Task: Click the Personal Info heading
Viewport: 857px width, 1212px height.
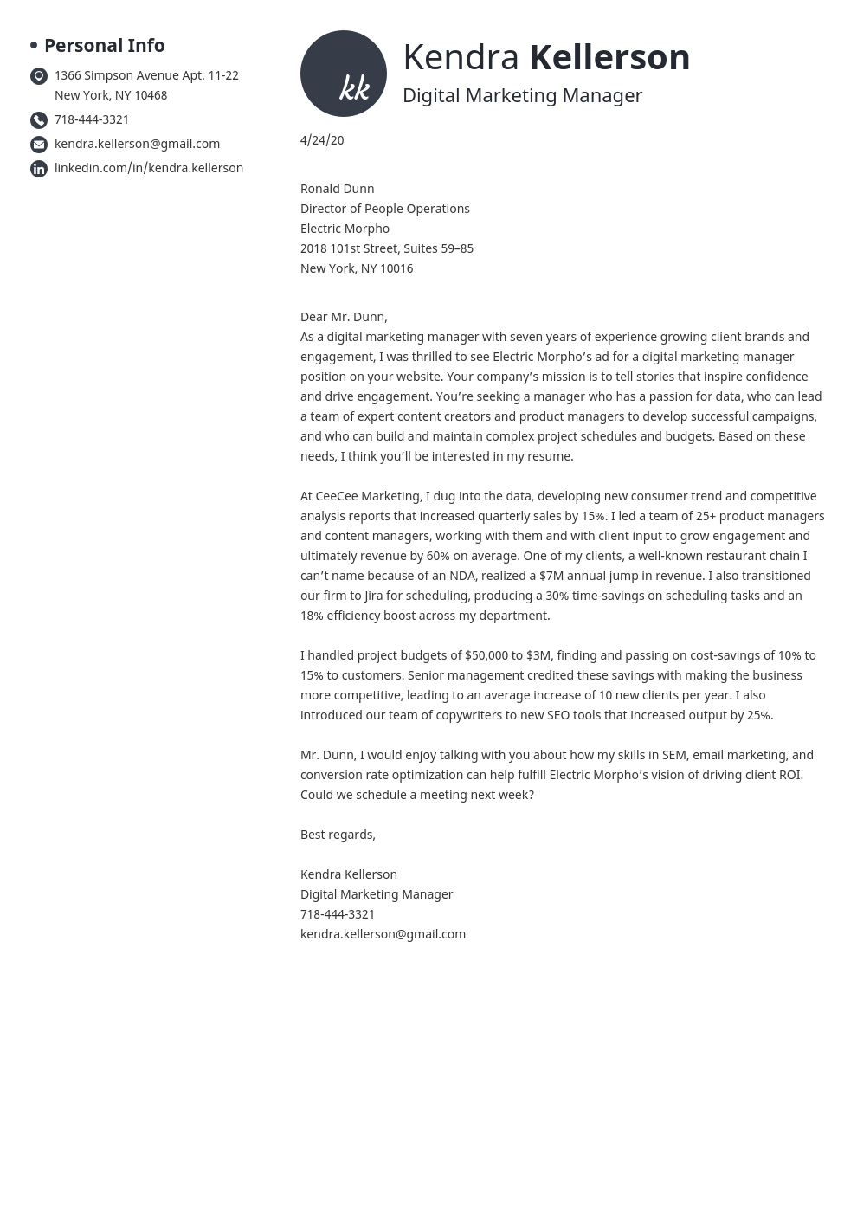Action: (104, 45)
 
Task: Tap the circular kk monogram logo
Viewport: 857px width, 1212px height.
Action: (344, 74)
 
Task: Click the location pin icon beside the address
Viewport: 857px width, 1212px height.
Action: (39, 76)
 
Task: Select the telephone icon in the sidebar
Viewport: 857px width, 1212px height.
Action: (39, 120)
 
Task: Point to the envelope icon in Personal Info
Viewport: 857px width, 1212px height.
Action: (39, 145)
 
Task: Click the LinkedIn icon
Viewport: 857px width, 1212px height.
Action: (39, 169)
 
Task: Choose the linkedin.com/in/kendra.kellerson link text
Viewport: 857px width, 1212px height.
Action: (149, 168)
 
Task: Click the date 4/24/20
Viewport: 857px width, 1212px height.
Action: (322, 140)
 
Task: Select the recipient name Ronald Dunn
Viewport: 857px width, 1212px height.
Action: (337, 189)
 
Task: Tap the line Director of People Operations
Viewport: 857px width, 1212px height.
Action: (384, 209)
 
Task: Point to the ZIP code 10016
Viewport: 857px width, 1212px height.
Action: (396, 268)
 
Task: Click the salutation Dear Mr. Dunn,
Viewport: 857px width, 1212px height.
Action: (344, 317)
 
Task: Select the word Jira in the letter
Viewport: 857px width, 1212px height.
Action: (373, 596)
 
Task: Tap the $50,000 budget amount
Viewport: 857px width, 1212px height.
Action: (486, 655)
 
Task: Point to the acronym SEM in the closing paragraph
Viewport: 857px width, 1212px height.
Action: (674, 755)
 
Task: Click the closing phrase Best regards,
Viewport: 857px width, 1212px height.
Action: (338, 835)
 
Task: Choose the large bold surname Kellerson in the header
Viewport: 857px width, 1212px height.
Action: (609, 57)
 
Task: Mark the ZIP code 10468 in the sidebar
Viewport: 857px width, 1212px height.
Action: (150, 95)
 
